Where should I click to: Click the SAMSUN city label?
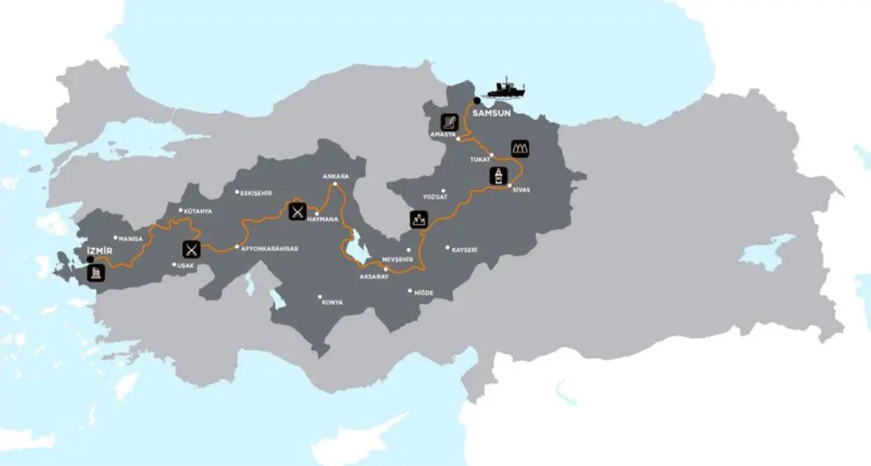coord(491,113)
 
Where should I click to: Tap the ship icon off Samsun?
coord(505,89)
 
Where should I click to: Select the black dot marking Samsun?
coord(477,101)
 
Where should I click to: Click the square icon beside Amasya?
coord(450,122)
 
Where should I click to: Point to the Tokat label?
coord(479,159)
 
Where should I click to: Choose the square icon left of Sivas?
coord(497,176)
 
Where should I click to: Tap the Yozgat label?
coord(434,197)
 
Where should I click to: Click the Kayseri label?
coord(464,249)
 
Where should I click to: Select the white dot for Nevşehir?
coord(408,250)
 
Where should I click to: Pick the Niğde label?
coord(423,293)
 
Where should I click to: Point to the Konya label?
coord(332,302)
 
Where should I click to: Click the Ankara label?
coord(336,176)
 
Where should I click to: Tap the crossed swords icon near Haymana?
coord(297,210)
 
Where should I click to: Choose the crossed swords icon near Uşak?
coord(192,248)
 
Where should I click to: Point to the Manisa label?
coord(130,239)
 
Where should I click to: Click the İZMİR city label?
coord(99,250)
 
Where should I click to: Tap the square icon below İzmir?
coord(97,273)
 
